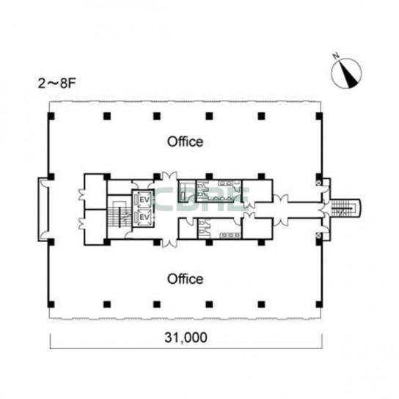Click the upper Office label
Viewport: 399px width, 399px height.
185,142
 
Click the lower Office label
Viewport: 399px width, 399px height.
185,279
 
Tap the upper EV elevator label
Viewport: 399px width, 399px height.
144,199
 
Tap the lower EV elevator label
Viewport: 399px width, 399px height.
144,217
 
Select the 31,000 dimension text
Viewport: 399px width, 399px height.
186,337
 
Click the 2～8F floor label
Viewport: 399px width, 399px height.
57,84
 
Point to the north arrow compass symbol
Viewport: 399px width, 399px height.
346,73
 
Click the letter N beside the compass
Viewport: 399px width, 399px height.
337,56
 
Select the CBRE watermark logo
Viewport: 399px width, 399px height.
201,199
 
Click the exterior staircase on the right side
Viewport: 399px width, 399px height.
344,208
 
